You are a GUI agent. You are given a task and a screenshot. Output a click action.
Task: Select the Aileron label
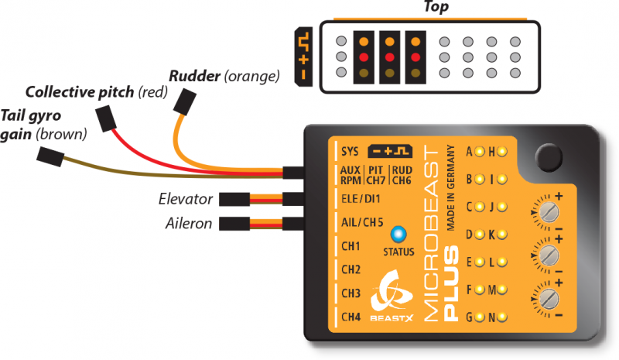[x=188, y=224]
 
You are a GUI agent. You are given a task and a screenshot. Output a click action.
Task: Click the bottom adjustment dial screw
[x=550, y=300]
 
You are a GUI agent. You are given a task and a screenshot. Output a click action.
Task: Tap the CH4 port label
[x=351, y=317]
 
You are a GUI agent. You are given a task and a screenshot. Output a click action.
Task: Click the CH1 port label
[x=351, y=247]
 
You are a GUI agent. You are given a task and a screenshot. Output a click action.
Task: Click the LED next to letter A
[x=480, y=151]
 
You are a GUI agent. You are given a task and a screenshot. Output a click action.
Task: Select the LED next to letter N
[x=501, y=317]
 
